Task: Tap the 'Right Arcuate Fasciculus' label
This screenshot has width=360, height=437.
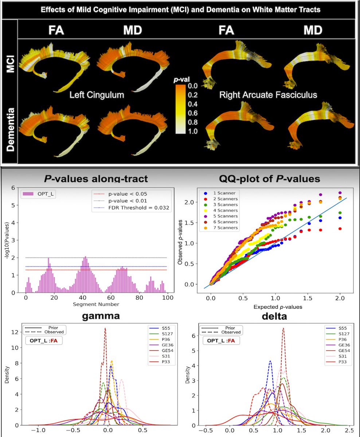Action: point(268,95)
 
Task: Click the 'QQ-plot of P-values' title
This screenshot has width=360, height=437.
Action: point(270,179)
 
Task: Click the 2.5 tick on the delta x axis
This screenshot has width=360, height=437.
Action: point(349,430)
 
